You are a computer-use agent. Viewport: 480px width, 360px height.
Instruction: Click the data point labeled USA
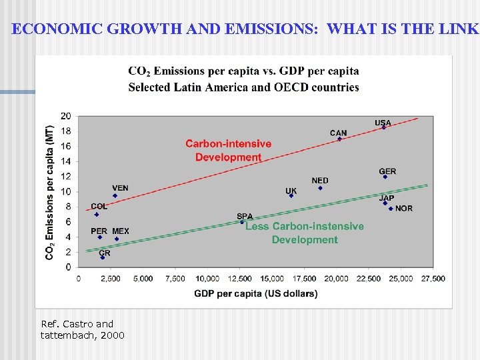[x=383, y=127]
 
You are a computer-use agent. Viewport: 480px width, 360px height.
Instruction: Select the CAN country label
[x=338, y=133]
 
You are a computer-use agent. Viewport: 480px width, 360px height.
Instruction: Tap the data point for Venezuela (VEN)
[x=115, y=195]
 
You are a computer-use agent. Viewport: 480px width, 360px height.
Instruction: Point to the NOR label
[x=403, y=209]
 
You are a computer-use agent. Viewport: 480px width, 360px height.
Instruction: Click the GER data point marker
[x=385, y=177]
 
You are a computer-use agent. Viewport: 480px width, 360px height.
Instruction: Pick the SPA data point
[x=242, y=222]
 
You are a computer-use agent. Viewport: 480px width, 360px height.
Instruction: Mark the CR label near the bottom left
[x=105, y=253]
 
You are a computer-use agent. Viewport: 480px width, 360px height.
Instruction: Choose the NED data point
[x=320, y=188]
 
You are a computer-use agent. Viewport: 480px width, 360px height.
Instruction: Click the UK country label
[x=291, y=191]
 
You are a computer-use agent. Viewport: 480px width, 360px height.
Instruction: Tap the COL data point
[x=97, y=214]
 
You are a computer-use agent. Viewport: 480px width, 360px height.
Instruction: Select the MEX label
[x=121, y=231]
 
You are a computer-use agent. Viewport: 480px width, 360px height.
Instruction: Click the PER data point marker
[x=100, y=237]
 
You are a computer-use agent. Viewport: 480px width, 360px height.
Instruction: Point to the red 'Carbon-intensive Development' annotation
[x=228, y=151]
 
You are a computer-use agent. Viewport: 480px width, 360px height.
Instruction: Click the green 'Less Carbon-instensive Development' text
[x=305, y=233]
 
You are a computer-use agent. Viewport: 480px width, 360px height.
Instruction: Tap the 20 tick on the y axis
[x=66, y=115]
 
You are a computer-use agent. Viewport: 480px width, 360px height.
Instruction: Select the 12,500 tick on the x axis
[x=241, y=279]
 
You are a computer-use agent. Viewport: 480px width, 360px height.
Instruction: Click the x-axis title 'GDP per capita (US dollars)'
[x=255, y=293]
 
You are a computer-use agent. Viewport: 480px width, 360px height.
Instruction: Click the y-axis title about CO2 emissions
[x=50, y=193]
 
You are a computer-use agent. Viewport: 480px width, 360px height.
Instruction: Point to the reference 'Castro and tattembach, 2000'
[x=82, y=329]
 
